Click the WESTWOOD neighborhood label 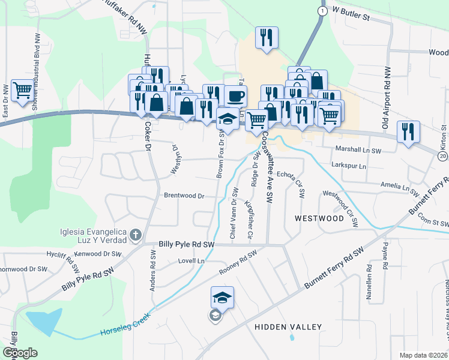pyautogui.click(x=319, y=218)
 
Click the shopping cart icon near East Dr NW pyautogui.click(x=22, y=91)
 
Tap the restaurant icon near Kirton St pyautogui.click(x=408, y=132)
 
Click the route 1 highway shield pyautogui.click(x=323, y=11)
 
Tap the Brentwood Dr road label pyautogui.click(x=184, y=196)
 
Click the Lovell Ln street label pyautogui.click(x=191, y=262)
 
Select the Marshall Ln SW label pyautogui.click(x=359, y=149)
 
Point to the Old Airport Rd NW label pyautogui.click(x=386, y=97)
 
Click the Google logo pyautogui.click(x=20, y=353)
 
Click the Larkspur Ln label pyautogui.click(x=349, y=164)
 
